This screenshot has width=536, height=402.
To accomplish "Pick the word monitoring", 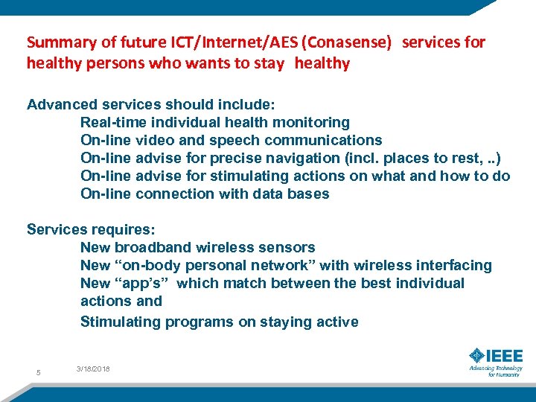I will coord(313,122).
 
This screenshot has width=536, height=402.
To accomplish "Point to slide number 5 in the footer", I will coord(38,372).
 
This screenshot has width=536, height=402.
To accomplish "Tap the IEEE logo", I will coord(494,360).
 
